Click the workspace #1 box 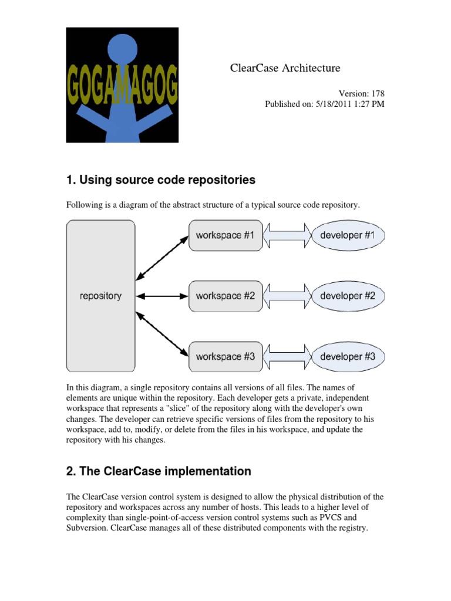pos(225,235)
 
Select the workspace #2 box pos(225,296)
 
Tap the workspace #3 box pos(225,356)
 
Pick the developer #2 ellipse pos(348,296)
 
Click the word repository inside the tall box pos(100,296)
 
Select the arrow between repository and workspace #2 pos(161,296)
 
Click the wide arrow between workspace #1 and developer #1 pos(287,235)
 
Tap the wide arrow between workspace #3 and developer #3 pos(287,356)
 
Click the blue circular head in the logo pos(123,49)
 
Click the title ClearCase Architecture pos(285,68)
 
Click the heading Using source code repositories pos(161,180)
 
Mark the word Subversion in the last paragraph pos(87,528)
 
